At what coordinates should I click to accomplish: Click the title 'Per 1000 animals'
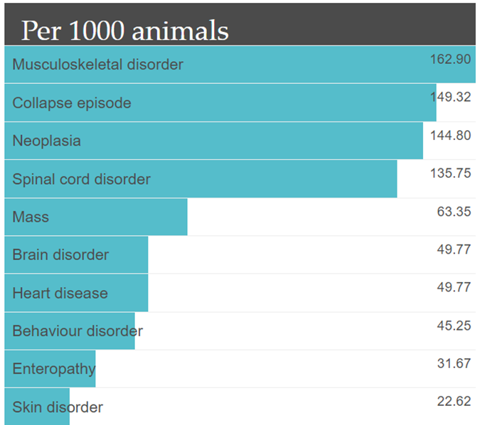pos(124,31)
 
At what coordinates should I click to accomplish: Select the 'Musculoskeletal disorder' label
pos(97,65)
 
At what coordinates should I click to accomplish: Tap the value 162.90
pos(450,59)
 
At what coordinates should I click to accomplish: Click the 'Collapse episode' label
pos(72,103)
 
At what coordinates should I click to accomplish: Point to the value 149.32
pos(450,97)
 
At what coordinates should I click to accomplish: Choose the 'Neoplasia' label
pos(46,141)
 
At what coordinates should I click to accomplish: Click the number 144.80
pos(450,135)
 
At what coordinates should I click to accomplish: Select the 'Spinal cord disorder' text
pos(81,179)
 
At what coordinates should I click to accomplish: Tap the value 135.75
pos(450,173)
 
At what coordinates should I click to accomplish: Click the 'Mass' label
pos(31,217)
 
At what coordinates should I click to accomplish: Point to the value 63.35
pos(454,211)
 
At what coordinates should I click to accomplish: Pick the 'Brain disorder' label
pos(60,254)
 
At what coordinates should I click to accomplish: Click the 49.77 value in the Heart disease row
pos(454,287)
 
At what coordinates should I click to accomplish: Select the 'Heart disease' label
pos(60,293)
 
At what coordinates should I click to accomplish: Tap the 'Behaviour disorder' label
pos(77,331)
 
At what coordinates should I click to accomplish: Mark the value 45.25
pos(454,325)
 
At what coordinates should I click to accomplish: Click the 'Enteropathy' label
pos(53,369)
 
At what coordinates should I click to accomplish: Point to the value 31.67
pos(454,363)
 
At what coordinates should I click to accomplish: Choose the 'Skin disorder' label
pos(58,407)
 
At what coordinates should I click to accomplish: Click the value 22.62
pos(454,402)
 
